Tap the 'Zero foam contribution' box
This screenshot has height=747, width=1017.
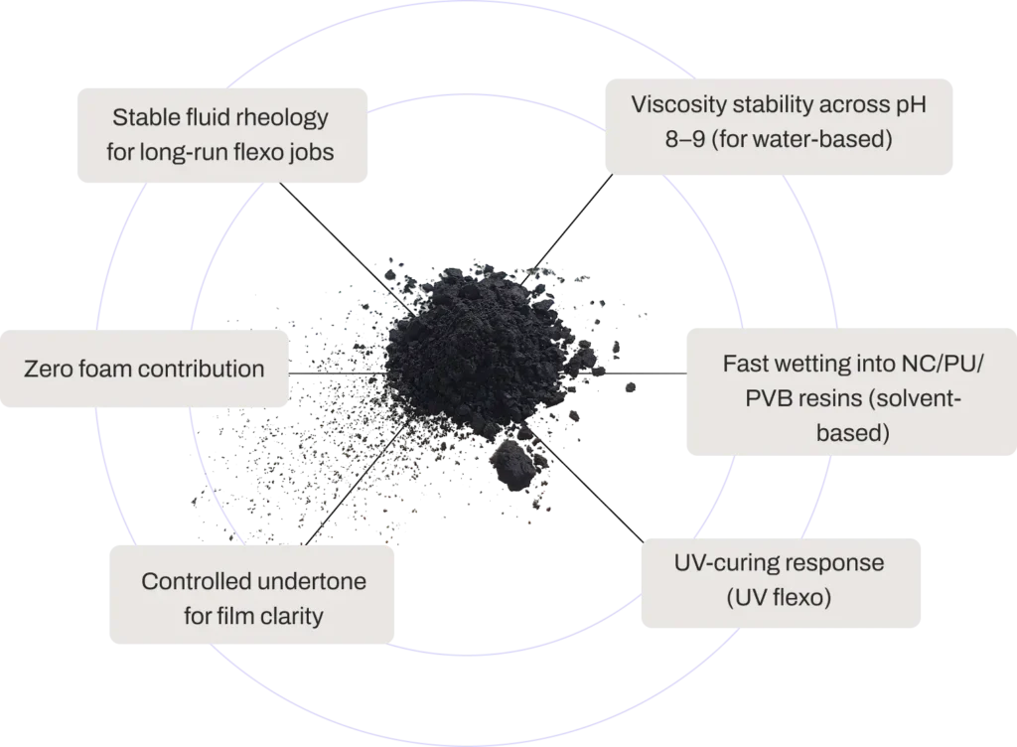(x=145, y=369)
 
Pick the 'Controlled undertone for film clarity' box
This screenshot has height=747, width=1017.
(x=253, y=599)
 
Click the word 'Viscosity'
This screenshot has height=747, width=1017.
(x=674, y=104)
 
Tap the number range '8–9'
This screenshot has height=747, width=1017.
(x=685, y=140)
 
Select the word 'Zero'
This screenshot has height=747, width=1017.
(x=46, y=370)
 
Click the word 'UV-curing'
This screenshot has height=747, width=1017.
(x=721, y=563)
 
